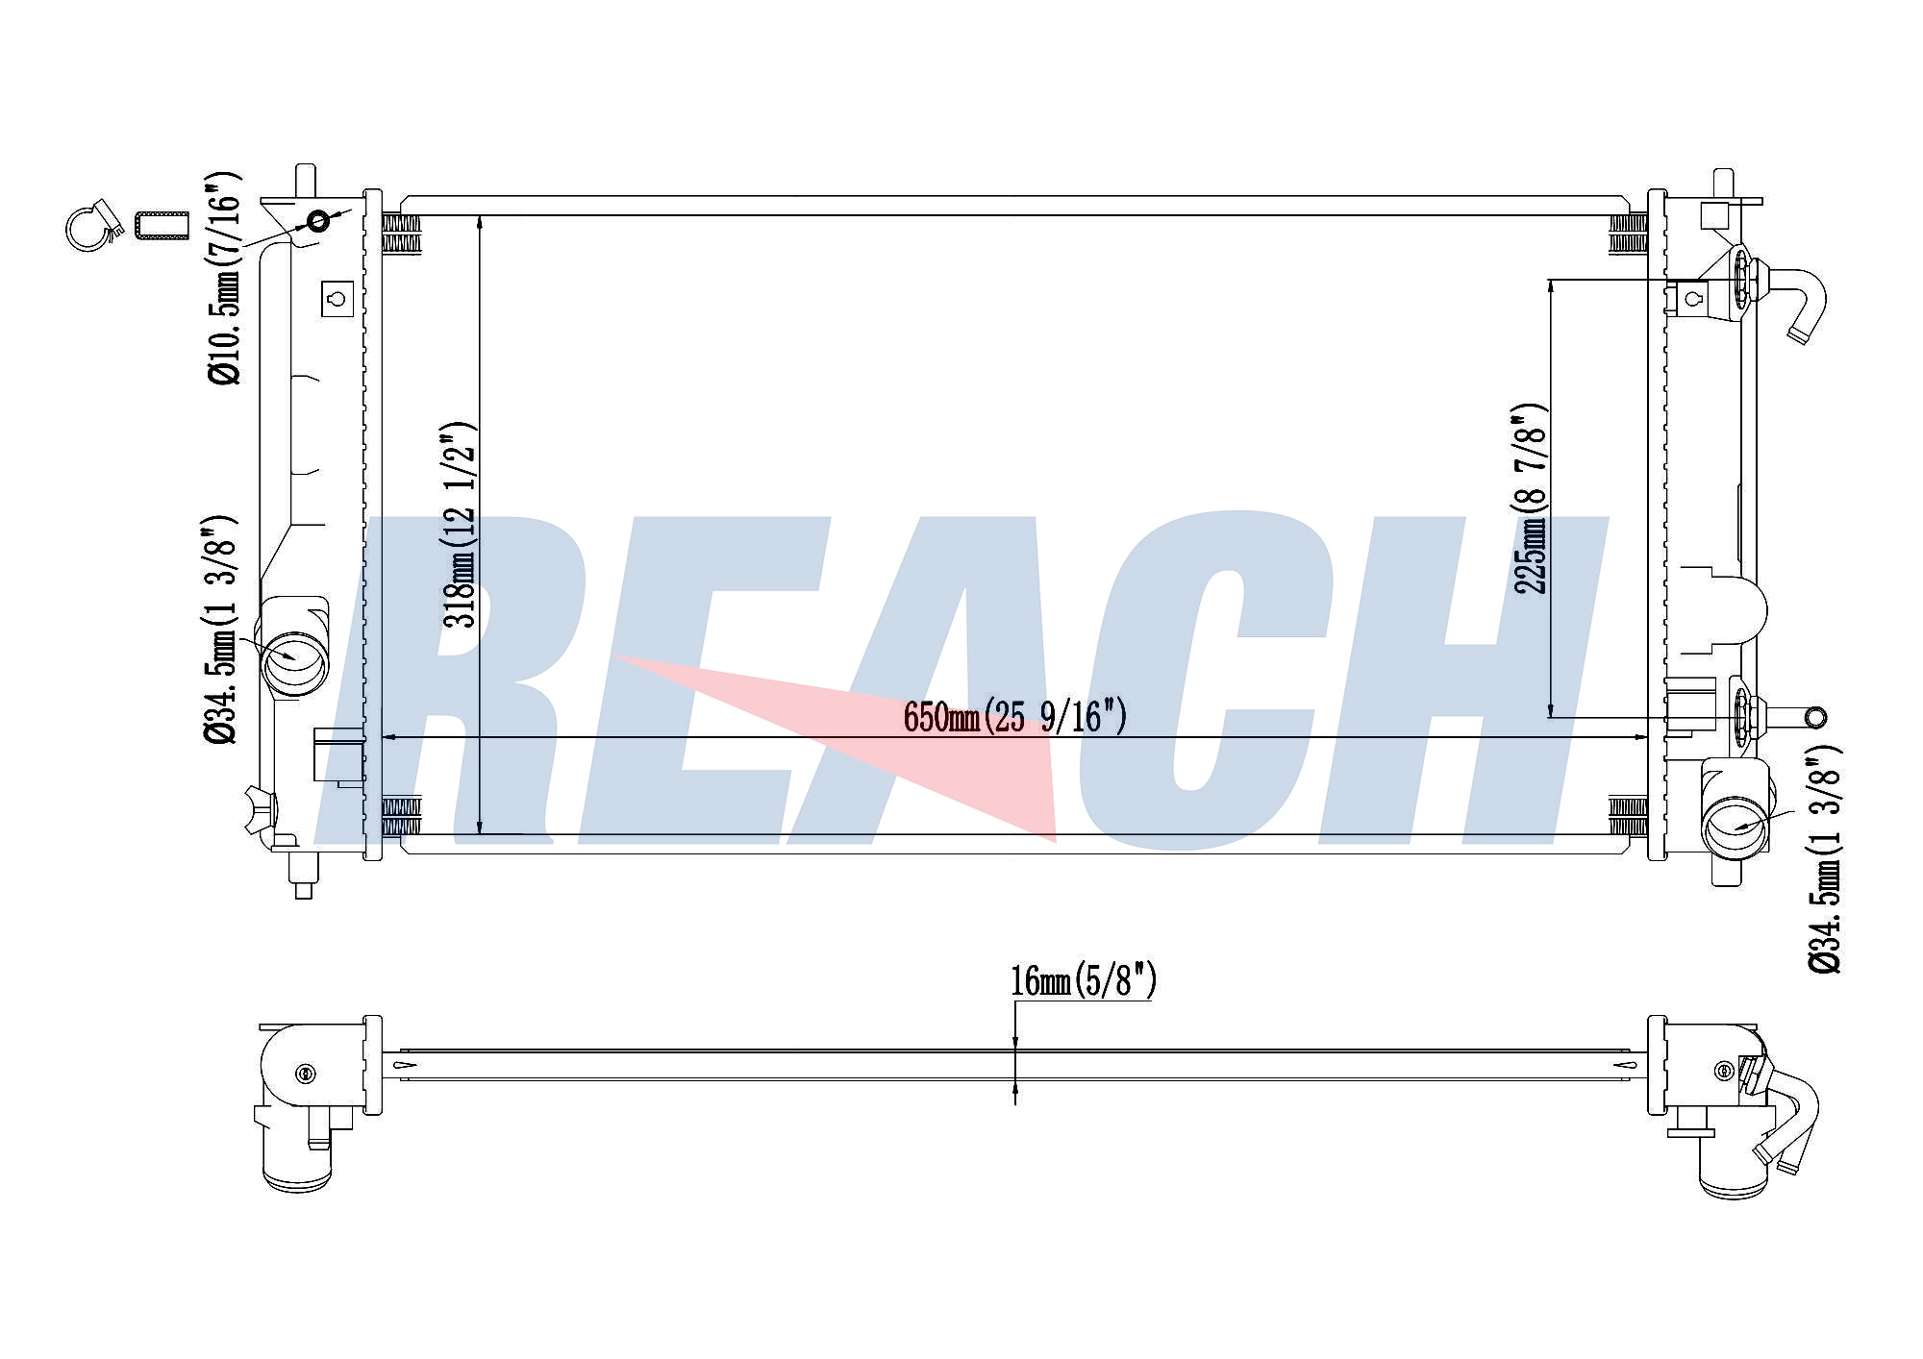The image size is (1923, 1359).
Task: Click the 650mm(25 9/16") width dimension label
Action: [x=1014, y=717]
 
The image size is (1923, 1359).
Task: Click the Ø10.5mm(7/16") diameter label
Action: [x=224, y=279]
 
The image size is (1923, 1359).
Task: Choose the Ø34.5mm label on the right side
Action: [x=1824, y=858]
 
